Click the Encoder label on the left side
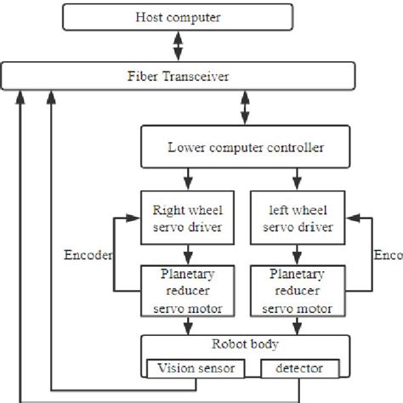(x=87, y=253)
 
